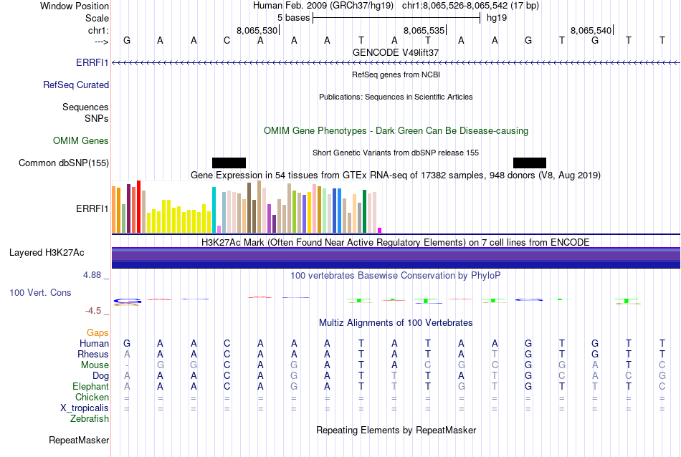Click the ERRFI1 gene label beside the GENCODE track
coord(92,63)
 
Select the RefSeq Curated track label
coord(76,85)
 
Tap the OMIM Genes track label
coord(81,140)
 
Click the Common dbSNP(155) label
coord(64,163)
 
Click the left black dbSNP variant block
coord(229,163)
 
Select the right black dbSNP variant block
coord(530,163)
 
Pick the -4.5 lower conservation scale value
coord(97,311)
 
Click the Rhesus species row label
coord(93,354)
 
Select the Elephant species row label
coord(90,386)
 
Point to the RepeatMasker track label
coord(79,440)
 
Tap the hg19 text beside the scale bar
coord(497,17)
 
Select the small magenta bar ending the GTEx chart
coord(380,230)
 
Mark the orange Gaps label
coord(98,332)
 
